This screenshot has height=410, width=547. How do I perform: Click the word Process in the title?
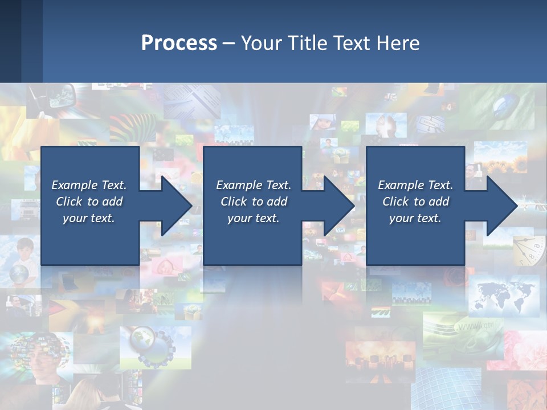(179, 43)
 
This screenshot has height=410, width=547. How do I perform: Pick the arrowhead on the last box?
(500, 206)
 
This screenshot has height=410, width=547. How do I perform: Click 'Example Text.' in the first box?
(89, 185)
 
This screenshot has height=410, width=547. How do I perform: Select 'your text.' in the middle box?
(253, 218)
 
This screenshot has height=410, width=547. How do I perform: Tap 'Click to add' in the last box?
(415, 202)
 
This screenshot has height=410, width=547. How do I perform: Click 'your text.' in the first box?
(89, 218)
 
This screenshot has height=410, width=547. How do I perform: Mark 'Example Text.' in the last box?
(415, 185)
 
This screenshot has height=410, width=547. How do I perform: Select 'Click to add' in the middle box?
(253, 202)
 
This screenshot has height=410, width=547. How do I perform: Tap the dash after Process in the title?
(228, 43)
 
